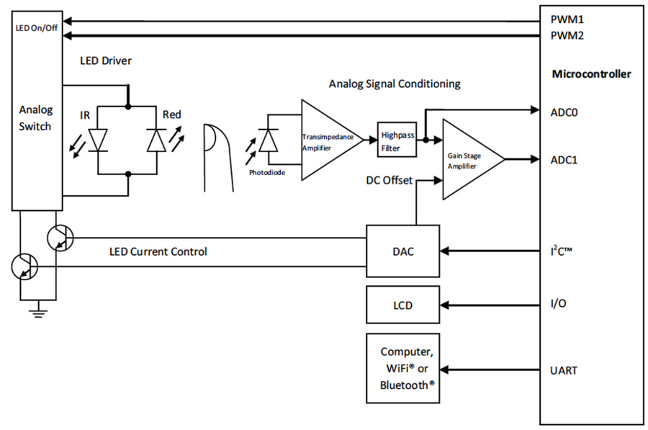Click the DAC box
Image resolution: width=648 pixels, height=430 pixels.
[x=403, y=251]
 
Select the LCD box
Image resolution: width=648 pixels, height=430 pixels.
[x=403, y=305]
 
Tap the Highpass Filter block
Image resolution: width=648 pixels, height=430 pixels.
[x=397, y=140]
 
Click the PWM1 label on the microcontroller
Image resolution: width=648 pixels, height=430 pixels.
[x=567, y=19]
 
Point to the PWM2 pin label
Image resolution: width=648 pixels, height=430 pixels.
[x=567, y=35]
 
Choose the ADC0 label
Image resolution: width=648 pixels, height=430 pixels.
[x=564, y=112]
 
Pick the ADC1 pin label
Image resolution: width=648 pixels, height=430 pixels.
[x=564, y=160]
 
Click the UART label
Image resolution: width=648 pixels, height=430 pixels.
[x=564, y=370]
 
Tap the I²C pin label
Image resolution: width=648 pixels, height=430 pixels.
[x=561, y=251]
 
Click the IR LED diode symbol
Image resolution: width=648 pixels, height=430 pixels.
[x=99, y=140]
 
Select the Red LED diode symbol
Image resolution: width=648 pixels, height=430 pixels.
[x=157, y=140]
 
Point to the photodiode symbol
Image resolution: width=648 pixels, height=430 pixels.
[x=268, y=140]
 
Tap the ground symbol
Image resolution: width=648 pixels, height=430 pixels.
[x=38, y=311]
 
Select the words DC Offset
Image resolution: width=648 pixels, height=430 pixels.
[x=389, y=180]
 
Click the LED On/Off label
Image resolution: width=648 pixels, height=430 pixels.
[x=37, y=28]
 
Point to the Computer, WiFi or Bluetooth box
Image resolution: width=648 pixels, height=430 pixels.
[x=403, y=368]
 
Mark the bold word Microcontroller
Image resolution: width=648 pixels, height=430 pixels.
[x=591, y=74]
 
